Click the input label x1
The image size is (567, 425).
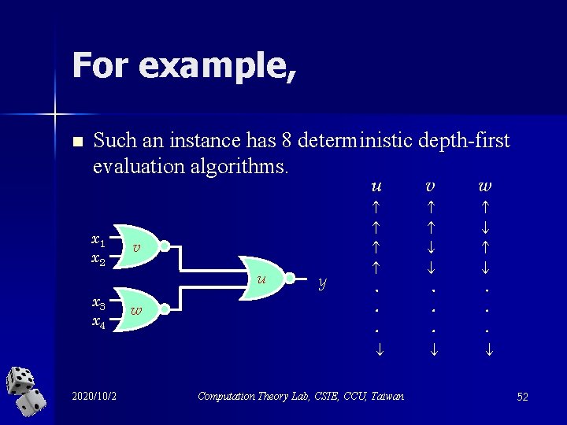98,239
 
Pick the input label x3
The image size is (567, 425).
98,303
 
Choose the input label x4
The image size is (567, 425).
98,321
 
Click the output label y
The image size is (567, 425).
322,282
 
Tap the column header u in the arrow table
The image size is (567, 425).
377,187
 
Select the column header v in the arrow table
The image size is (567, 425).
431,187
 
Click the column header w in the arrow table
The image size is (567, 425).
486,187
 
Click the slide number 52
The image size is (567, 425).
522,397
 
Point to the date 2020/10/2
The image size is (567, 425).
94,395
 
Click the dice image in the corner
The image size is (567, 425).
26,391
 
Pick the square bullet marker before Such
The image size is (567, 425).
76,142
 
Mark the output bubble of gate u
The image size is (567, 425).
291,279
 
